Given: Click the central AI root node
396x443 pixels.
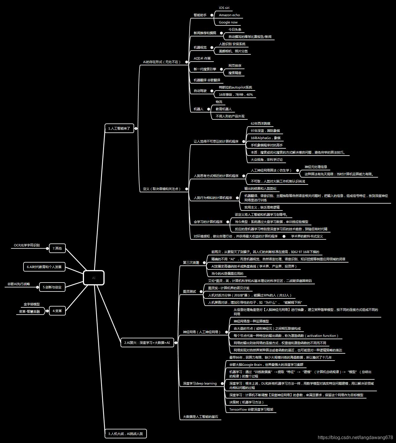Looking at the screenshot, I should tap(94, 278).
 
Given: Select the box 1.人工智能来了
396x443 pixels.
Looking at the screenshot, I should tap(119, 128).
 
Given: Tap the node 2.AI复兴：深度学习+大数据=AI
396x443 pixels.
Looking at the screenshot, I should tap(147, 343).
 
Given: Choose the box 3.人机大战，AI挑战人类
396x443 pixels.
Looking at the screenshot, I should tap(125, 433).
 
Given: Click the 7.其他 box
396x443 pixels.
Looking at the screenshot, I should tap(57, 248).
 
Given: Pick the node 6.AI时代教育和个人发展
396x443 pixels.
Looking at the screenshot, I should tap(44, 267).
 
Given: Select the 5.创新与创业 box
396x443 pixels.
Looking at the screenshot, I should tap(52, 287).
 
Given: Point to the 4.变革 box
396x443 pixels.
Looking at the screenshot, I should tap(57, 311).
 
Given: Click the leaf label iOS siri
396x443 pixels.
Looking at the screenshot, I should tap(224, 8).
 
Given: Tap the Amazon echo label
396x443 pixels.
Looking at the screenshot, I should tap(229, 15).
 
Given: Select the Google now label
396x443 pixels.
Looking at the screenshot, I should tap(228, 22).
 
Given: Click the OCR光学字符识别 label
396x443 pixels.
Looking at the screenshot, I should tap(27, 245).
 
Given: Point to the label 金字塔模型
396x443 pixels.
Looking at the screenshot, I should tap(32, 304).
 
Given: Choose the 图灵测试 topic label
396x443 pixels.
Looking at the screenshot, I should tap(189, 291).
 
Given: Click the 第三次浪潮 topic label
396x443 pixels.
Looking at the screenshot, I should tap(191, 263).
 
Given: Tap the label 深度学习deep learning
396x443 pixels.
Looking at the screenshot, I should tap(200, 383).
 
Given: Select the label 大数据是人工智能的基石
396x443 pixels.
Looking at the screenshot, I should tap(200, 417).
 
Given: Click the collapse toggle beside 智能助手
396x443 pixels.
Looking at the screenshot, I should tap(212, 15).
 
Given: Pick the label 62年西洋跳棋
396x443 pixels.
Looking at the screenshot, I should tap(260, 123).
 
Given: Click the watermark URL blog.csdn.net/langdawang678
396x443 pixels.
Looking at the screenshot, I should tap(355, 438).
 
